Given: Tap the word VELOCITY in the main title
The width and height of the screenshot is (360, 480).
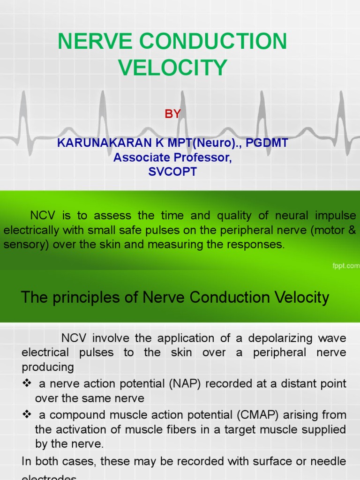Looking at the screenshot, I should [172, 67].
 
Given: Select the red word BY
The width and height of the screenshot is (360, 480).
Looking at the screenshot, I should [172, 114].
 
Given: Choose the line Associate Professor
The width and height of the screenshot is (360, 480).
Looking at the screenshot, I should [172, 157].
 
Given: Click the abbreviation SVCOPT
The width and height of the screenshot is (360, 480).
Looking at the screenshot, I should [172, 172].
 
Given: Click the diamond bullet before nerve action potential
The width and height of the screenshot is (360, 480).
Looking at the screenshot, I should [26, 384].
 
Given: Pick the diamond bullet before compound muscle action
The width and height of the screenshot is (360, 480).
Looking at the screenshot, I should [26, 415].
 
